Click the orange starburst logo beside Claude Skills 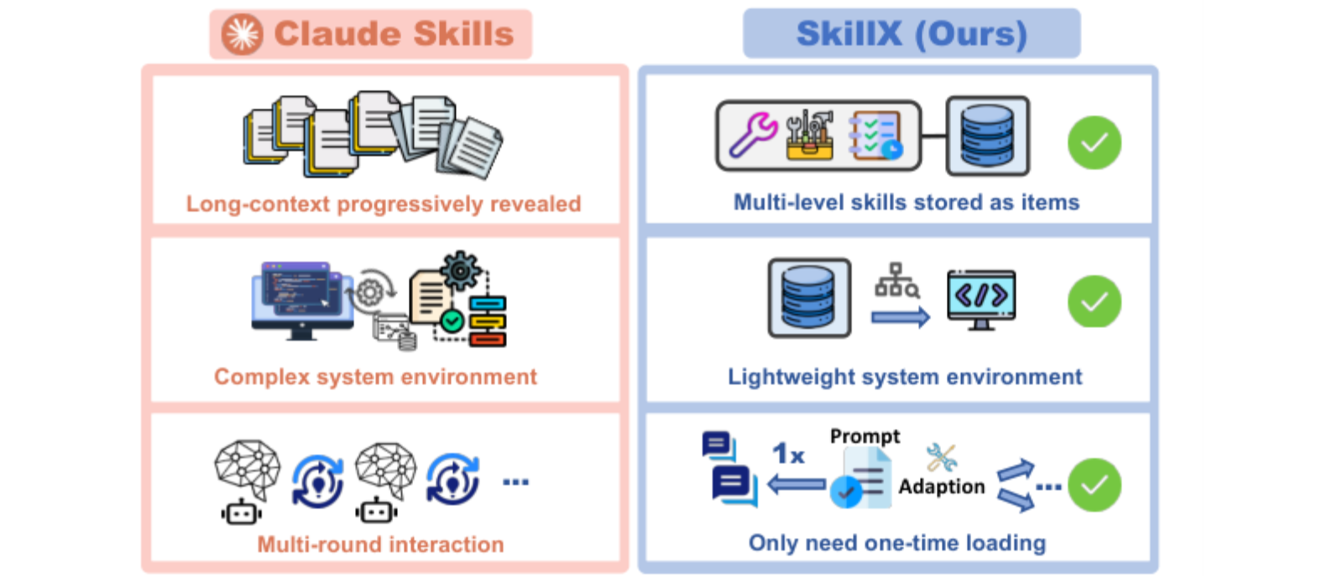(243, 34)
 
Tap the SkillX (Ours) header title (912, 34)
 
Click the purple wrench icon (753, 135)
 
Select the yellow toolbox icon (810, 135)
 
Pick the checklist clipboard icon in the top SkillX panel (875, 135)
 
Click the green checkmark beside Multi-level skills (1095, 143)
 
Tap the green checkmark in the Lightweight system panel (1095, 301)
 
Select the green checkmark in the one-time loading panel (1095, 485)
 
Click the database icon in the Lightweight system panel (809, 298)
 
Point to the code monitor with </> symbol (981, 300)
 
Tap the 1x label (788, 454)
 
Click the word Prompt (865, 436)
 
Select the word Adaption (941, 486)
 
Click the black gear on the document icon (460, 272)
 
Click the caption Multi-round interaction (381, 545)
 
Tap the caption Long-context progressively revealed (384, 204)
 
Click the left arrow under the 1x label (797, 483)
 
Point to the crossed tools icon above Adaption (941, 457)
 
